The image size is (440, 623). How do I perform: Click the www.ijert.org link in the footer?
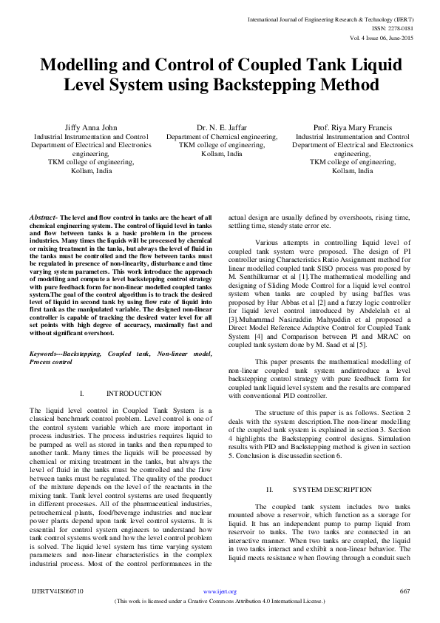point(220,591)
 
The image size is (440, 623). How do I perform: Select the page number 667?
point(405,591)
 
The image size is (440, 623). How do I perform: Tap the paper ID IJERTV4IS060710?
point(58,591)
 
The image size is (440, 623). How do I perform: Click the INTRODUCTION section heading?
point(134,394)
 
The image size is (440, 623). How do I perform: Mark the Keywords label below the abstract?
point(44,354)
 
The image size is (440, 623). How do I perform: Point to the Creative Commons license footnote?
point(220,602)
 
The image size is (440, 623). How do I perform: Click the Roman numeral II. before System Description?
point(270,490)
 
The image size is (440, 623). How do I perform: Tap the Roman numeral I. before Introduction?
point(83,394)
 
